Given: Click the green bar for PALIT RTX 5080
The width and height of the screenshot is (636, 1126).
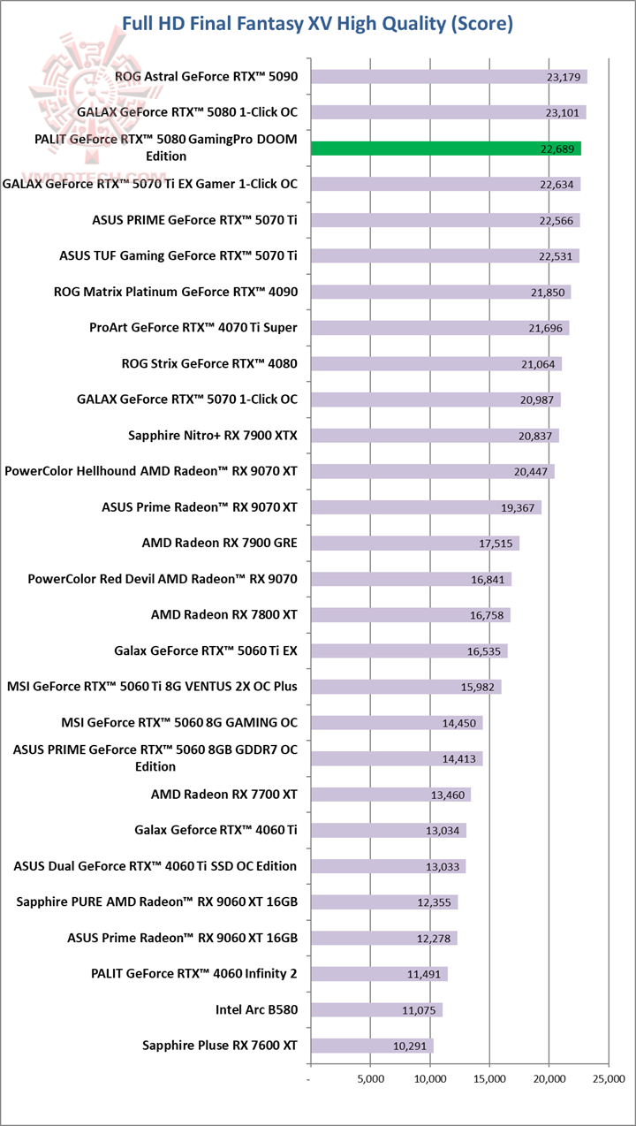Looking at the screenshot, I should click(446, 148).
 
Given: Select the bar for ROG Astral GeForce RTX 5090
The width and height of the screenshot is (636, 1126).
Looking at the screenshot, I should click(449, 77).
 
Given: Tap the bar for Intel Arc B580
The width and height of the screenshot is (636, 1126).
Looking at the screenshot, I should click(376, 1010).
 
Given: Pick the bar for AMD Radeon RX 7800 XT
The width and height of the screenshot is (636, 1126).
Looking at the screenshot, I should click(411, 615).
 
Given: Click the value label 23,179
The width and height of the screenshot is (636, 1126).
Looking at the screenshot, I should click(564, 78).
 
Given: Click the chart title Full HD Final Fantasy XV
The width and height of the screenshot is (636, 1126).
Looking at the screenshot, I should click(317, 23).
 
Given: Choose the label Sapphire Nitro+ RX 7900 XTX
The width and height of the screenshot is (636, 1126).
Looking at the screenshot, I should click(213, 435).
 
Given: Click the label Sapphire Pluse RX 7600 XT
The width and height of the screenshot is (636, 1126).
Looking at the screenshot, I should click(220, 1046).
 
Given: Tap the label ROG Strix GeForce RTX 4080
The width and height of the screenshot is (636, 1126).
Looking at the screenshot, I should click(209, 363).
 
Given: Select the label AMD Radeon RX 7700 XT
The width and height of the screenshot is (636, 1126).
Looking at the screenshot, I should click(224, 795).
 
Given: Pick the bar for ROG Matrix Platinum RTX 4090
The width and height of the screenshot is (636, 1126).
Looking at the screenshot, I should click(441, 293).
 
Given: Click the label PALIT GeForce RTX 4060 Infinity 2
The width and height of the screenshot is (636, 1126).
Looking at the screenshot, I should click(193, 974).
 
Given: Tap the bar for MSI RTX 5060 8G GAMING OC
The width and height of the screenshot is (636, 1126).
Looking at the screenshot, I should click(397, 723).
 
